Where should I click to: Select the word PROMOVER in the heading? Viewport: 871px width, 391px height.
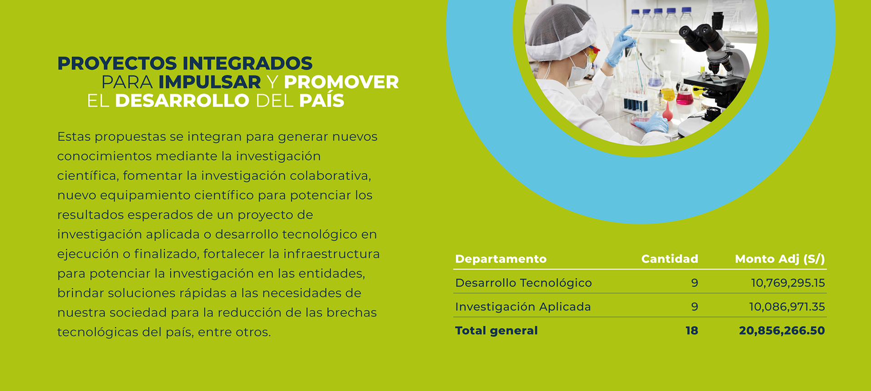(341, 82)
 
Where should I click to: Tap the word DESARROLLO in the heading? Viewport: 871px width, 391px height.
(182, 101)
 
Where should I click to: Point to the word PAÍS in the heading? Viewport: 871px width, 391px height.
(322, 100)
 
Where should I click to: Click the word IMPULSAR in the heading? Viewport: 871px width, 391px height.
(210, 82)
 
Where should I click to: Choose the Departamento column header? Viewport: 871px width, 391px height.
(501, 259)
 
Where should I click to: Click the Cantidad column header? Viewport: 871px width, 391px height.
(669, 259)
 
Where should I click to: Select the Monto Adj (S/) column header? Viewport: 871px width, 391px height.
(780, 259)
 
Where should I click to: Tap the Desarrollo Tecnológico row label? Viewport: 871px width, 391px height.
(523, 283)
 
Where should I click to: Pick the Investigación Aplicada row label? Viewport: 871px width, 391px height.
(523, 307)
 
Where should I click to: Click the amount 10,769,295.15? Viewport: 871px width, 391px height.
(788, 283)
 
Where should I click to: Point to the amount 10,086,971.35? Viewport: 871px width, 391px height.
(787, 307)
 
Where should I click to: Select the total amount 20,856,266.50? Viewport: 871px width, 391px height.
(782, 331)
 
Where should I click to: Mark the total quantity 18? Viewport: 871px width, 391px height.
(692, 331)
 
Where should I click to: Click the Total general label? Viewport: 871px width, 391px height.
(496, 331)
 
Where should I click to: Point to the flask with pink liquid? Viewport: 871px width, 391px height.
(684, 95)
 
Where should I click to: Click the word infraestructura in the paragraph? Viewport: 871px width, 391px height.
(331, 254)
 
